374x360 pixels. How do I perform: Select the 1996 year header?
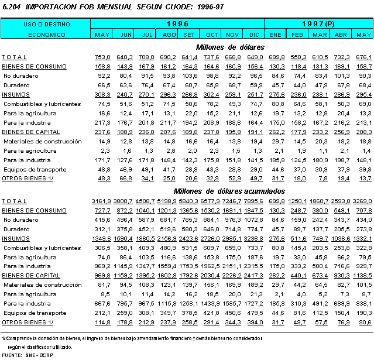(x=176, y=24)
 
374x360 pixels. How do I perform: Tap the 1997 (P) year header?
(x=318, y=24)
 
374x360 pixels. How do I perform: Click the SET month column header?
(x=190, y=35)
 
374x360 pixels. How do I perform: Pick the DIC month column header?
(x=254, y=35)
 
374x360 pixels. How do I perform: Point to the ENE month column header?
(x=275, y=35)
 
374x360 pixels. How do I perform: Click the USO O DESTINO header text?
(x=46, y=25)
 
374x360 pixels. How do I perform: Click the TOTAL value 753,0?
(x=102, y=57)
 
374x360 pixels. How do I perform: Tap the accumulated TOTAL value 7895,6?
(x=252, y=200)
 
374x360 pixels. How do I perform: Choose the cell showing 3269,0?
(x=361, y=200)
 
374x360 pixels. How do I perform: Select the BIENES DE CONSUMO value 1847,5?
(x=252, y=210)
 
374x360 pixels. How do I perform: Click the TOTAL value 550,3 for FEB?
(x=297, y=57)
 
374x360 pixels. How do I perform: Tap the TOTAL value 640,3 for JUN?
(x=125, y=57)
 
